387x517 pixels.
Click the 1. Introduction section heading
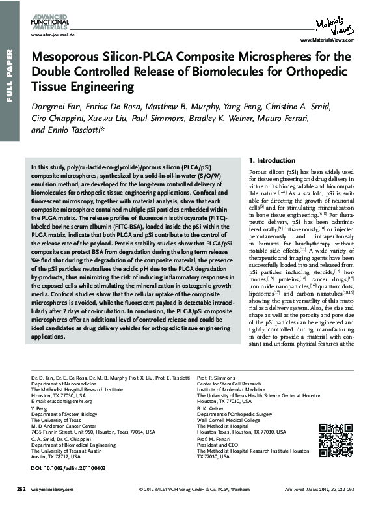[x=271, y=160]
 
